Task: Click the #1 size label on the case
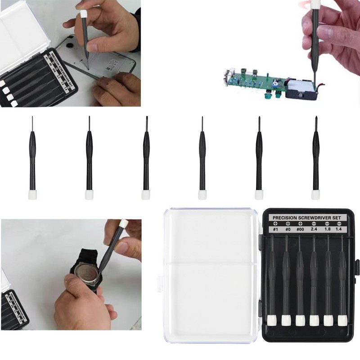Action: click(275, 229)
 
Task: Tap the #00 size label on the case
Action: click(300, 229)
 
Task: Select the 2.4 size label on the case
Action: click(314, 229)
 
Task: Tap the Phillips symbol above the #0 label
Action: click(288, 224)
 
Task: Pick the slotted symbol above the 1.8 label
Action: click(328, 224)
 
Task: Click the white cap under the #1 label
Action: click(271, 320)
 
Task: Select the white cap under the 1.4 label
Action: click(342, 320)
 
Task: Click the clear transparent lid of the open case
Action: click(209, 274)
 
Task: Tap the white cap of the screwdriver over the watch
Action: click(122, 224)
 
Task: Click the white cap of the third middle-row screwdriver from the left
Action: click(145, 194)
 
